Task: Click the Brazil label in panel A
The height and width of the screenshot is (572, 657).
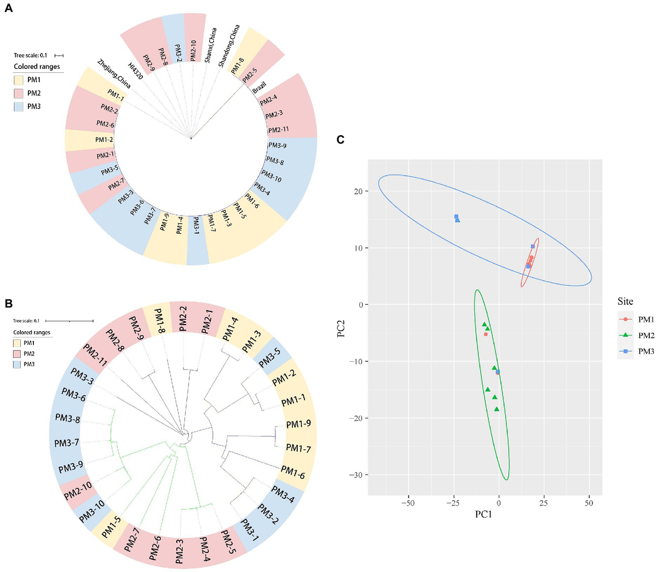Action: [259, 88]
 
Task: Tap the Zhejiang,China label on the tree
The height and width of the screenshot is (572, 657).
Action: [114, 74]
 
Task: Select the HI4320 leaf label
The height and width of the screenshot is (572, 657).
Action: [135, 71]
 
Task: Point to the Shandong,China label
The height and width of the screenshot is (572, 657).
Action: [229, 46]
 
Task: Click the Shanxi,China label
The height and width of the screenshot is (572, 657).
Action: [211, 45]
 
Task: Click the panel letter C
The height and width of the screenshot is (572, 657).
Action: [341, 140]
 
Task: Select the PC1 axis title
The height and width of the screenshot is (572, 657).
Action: [483, 515]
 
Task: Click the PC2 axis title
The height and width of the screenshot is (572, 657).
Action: [342, 323]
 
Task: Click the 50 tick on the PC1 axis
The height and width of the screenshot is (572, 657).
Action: [589, 502]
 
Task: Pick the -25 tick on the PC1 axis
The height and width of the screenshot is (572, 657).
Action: [453, 502]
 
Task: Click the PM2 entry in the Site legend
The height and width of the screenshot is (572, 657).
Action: [646, 335]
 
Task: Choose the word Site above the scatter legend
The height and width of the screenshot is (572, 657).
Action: [625, 301]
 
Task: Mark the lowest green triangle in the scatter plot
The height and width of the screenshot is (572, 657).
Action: [497, 409]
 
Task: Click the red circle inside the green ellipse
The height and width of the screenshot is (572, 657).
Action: [486, 334]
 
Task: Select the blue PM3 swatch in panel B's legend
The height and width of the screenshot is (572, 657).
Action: [17, 364]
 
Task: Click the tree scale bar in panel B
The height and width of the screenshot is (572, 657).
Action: [70, 321]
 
